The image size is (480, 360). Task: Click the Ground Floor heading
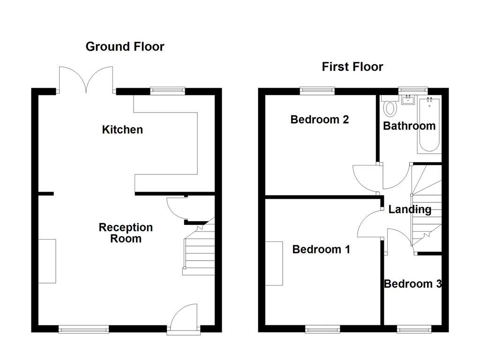[x=125, y=46]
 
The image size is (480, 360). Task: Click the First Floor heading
[x=352, y=67]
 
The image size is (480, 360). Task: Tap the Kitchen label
[x=122, y=129]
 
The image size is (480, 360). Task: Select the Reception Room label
[x=126, y=233]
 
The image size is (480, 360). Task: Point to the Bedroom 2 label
[x=319, y=120]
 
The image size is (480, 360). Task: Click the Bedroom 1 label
[x=321, y=249]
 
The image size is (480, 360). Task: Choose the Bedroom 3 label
[x=412, y=284]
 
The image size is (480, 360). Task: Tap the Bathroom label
[x=409, y=126]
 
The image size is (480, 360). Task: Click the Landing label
[x=410, y=210]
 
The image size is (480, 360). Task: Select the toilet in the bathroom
[x=390, y=107]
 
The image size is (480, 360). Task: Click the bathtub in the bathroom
[x=428, y=125]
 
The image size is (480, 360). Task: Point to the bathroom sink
[x=408, y=99]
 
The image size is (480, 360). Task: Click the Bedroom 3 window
[x=414, y=330]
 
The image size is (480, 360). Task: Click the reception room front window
[x=78, y=330]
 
